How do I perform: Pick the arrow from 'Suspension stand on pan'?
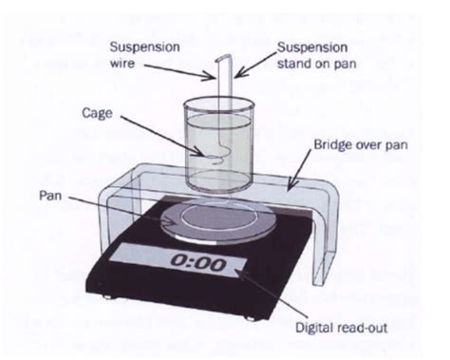pos(243,74)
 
